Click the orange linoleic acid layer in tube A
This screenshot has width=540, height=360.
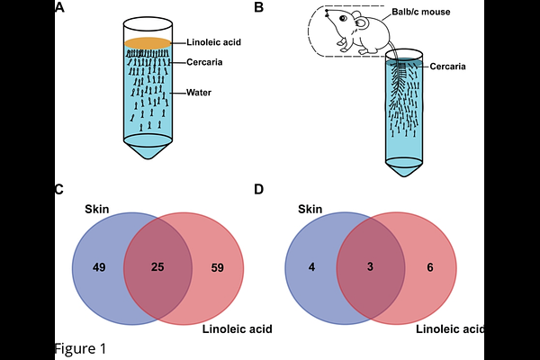148,43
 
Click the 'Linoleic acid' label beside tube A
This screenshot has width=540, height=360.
213,42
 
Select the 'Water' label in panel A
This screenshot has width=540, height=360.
199,93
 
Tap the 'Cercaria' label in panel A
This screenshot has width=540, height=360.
204,62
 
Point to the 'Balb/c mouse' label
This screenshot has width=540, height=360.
421,12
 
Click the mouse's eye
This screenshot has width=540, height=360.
343,18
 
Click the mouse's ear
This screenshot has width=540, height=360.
362,22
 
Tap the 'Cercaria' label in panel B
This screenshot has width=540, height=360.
447,66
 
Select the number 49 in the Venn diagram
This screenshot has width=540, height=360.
99,267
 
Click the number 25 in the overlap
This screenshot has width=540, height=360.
157,266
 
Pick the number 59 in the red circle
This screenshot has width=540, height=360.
217,267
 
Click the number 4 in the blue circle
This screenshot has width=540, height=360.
311,267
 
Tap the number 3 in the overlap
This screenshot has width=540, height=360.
370,266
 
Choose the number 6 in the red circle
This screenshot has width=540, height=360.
430,267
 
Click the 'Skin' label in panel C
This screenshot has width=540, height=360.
97,209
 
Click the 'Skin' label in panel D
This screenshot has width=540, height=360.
310,209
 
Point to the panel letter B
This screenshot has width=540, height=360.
258,7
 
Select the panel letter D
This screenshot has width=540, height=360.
258,189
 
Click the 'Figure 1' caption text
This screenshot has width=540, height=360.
81,348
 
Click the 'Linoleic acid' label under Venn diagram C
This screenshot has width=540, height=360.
238,329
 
